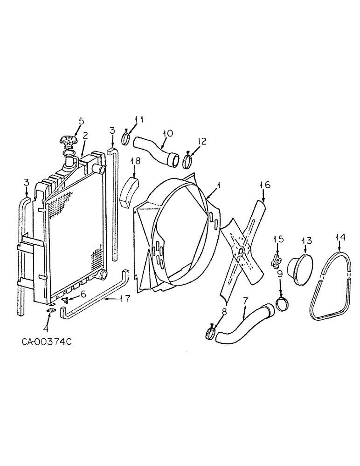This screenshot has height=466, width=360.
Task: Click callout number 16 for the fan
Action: coord(264,185)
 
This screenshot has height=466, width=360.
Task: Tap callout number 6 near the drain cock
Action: coord(83,294)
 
